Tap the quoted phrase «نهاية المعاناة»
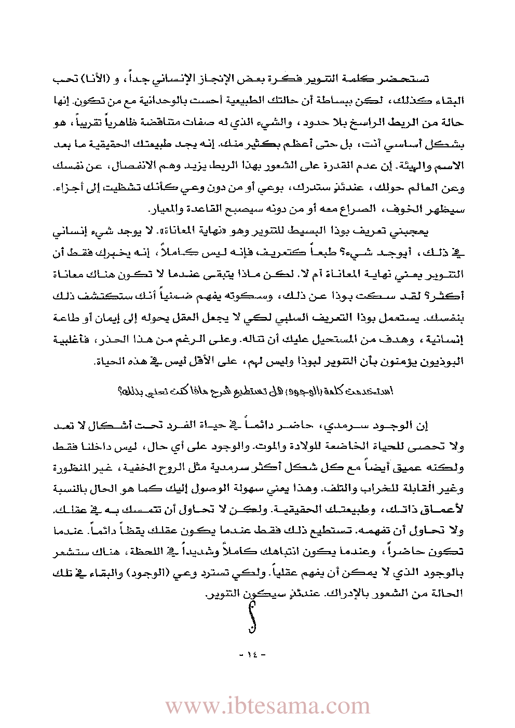click(207, 231)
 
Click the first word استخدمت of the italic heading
click(377, 391)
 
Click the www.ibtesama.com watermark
click(268, 706)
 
